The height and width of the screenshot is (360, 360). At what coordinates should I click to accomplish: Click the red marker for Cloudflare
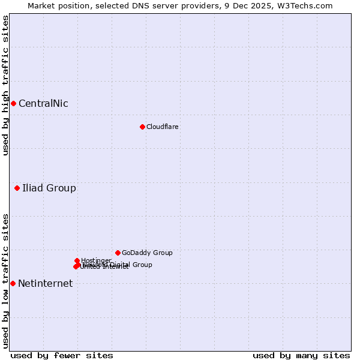pos(142,127)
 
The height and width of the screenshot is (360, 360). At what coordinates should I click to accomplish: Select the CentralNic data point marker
pos(13,103)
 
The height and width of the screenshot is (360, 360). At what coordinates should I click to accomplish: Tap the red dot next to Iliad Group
pos(17,188)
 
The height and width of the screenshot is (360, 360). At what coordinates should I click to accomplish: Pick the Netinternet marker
pos(13,283)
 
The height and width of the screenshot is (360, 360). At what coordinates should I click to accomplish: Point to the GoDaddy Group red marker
pos(118,253)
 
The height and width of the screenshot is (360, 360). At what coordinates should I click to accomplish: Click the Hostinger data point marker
pos(77,260)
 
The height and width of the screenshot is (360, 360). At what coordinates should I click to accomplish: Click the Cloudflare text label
pos(162,127)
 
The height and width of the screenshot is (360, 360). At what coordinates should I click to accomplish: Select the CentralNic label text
pos(43,103)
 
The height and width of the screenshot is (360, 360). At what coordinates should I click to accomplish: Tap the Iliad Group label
pos(49,188)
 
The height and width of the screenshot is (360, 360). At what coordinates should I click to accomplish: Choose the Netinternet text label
pos(45,283)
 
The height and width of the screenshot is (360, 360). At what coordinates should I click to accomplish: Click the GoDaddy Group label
pos(147,253)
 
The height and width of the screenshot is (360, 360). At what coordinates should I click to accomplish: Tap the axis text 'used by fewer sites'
pos(62,355)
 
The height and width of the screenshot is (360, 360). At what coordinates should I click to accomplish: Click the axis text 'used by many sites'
pos(301,355)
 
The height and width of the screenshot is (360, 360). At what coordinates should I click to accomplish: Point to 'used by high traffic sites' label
pos(5,85)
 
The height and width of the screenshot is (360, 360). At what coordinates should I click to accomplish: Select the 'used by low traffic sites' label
pos(5,281)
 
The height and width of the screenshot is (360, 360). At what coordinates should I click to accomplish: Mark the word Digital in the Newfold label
pos(120,265)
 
